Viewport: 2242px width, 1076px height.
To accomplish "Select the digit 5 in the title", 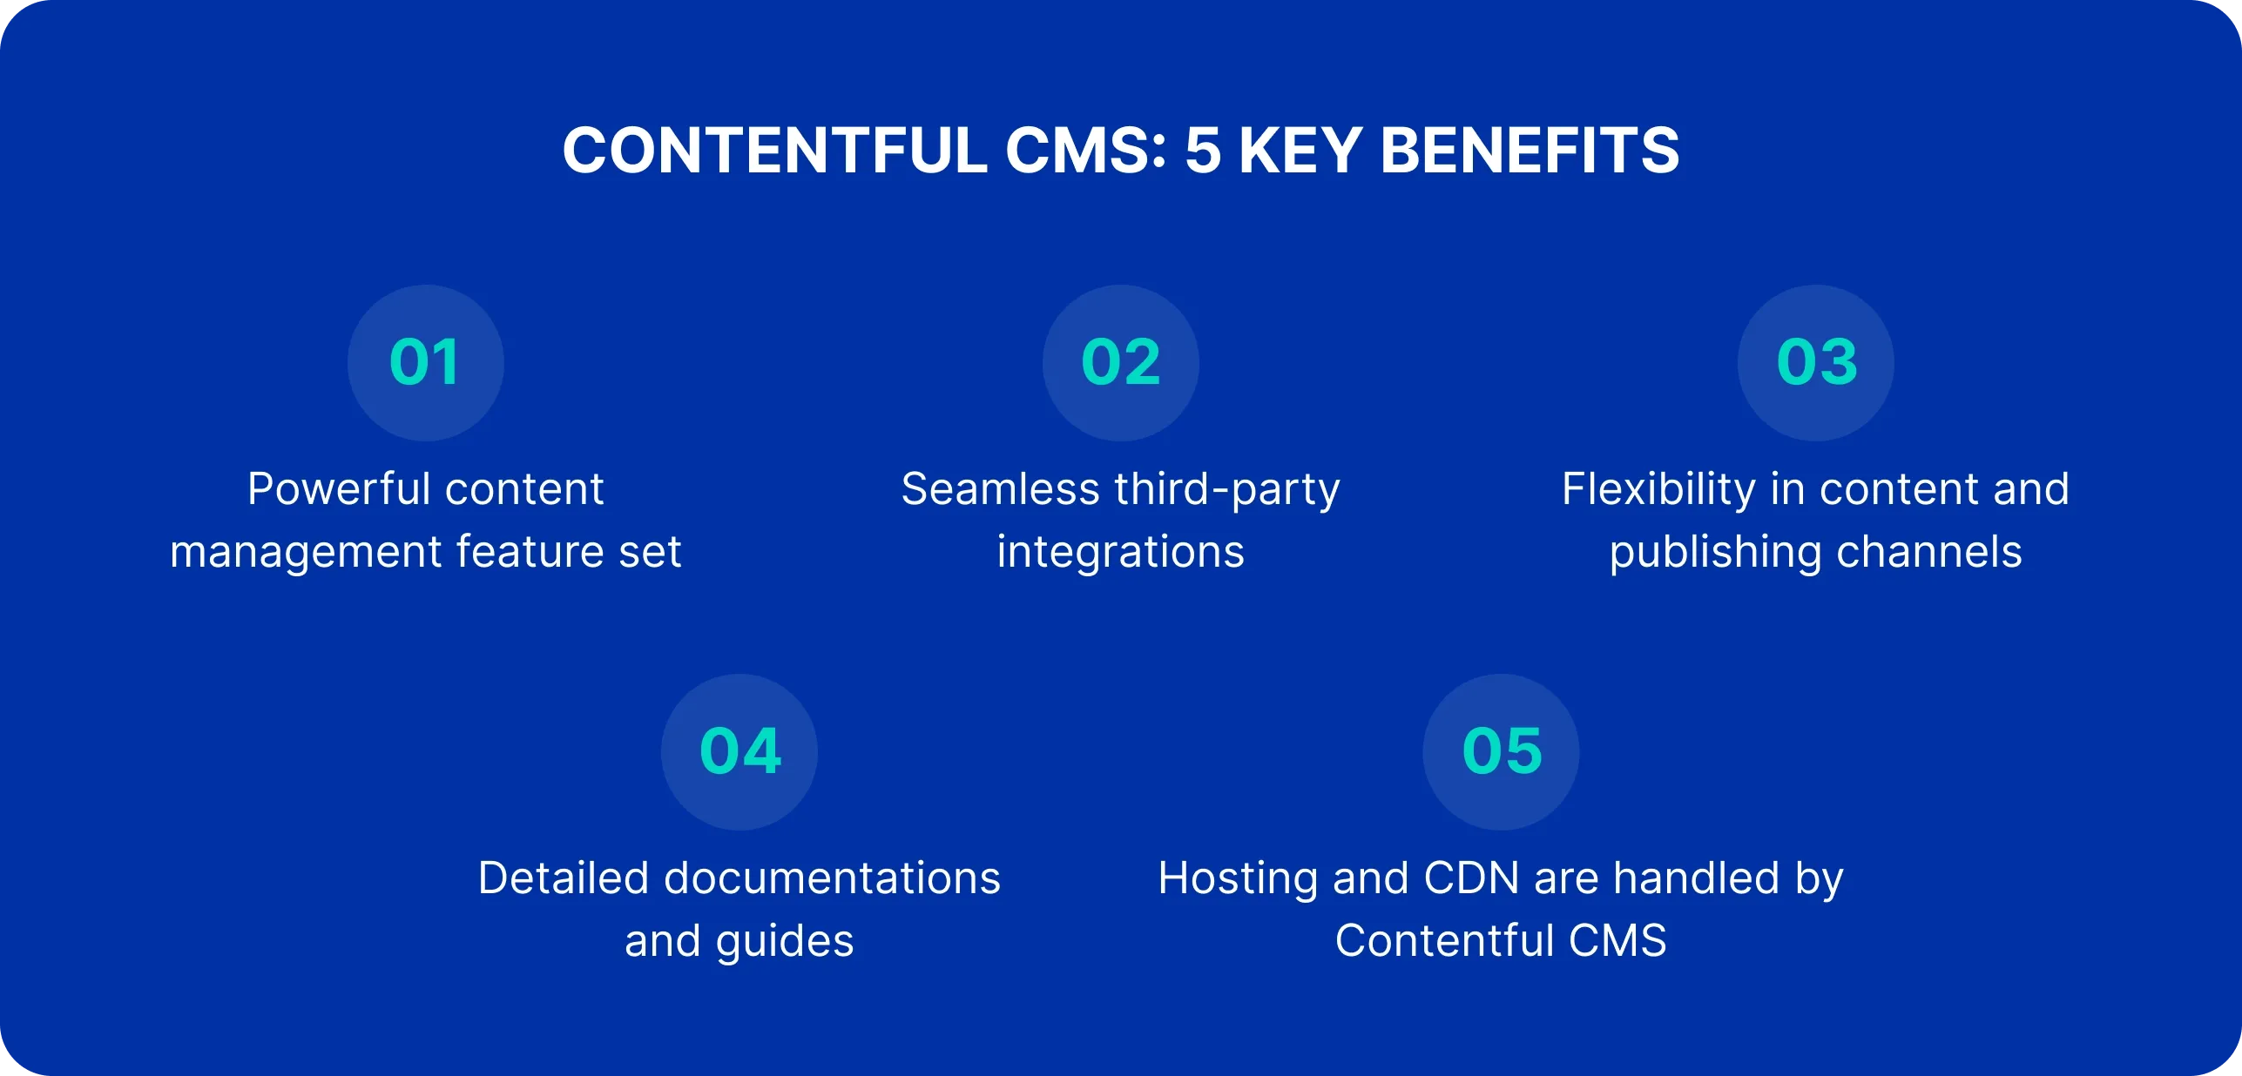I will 1203,151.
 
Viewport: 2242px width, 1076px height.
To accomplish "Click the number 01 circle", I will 425,362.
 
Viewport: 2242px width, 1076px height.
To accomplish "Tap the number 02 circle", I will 1120,362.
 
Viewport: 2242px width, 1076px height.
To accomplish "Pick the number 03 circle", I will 1815,362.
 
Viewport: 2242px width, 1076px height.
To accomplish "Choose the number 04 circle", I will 739,751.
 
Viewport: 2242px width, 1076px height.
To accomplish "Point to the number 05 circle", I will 1501,751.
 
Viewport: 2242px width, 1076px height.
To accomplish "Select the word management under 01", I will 306,552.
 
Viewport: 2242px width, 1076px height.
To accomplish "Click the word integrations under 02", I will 1120,552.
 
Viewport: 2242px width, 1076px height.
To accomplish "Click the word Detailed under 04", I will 564,878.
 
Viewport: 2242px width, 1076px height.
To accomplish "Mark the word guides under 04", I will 784,942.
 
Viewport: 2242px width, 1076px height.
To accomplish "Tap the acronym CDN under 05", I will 1471,878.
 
